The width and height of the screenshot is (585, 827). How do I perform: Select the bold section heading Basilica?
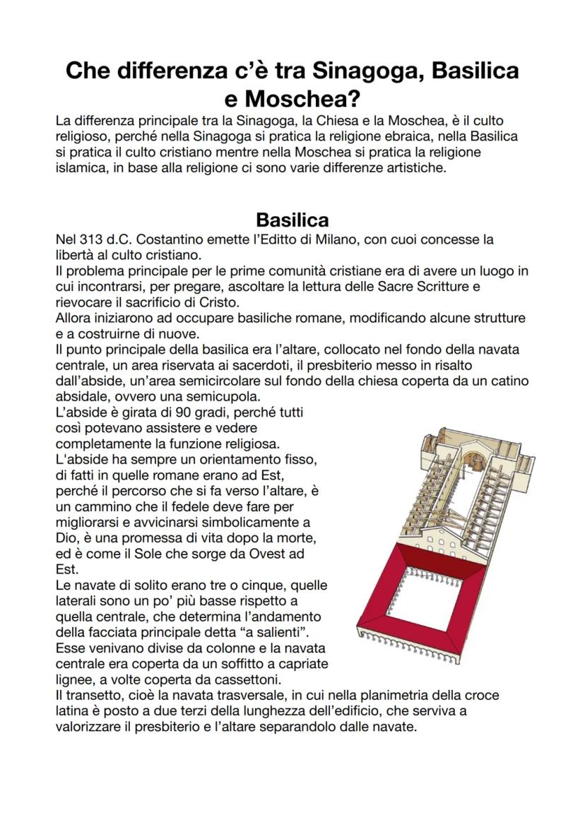pos(292,219)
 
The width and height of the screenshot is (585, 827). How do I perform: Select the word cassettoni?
pos(246,679)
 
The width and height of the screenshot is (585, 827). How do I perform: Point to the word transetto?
pos(89,695)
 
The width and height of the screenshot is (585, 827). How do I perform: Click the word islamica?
pos(83,169)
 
